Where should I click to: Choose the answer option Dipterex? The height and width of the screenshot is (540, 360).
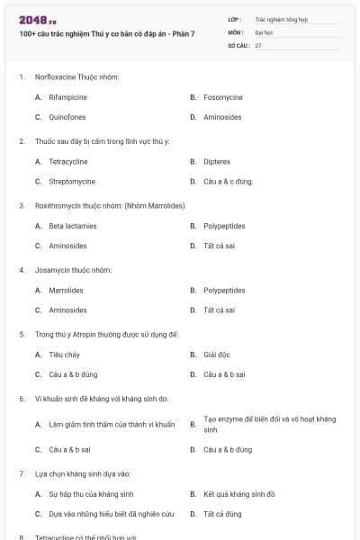pyautogui.click(x=217, y=161)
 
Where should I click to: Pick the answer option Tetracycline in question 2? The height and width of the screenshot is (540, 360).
pyautogui.click(x=68, y=161)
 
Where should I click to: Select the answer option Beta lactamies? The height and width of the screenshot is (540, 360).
pyautogui.click(x=73, y=226)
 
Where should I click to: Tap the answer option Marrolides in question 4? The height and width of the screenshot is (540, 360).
pyautogui.click(x=67, y=291)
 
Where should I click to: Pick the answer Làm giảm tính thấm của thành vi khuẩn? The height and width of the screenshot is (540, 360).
pyautogui.click(x=112, y=424)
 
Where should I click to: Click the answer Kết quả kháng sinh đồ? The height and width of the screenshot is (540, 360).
pyautogui.click(x=239, y=494)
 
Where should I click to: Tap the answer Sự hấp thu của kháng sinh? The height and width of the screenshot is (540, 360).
pyautogui.click(x=91, y=494)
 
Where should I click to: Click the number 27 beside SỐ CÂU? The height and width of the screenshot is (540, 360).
pyautogui.click(x=258, y=45)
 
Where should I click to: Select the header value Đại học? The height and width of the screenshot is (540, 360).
pyautogui.click(x=264, y=31)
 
